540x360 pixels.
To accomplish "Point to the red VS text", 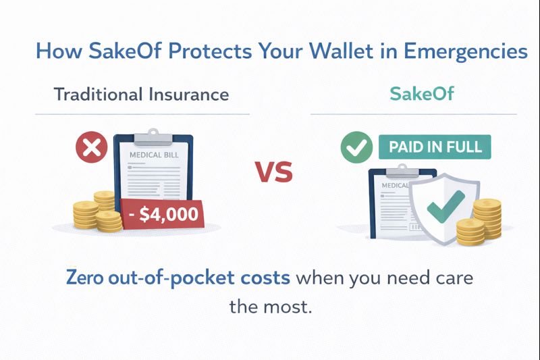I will pyautogui.click(x=273, y=172).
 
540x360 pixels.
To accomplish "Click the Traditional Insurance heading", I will pyautogui.click(x=141, y=94).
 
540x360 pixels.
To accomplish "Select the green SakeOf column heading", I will pyautogui.click(x=412, y=94).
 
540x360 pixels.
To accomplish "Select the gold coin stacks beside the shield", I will pyautogui.click(x=480, y=221).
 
